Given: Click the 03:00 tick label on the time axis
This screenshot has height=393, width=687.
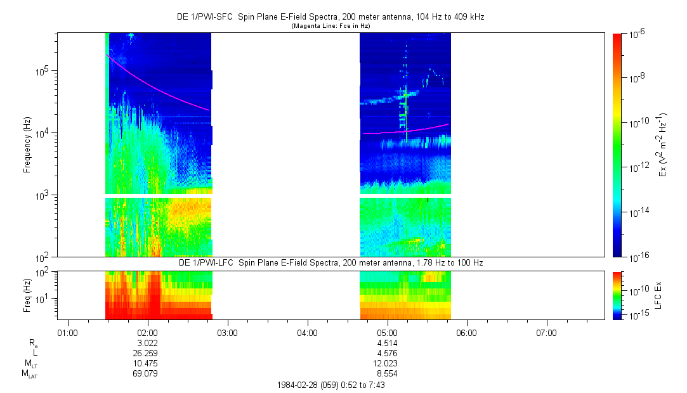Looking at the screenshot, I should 227,332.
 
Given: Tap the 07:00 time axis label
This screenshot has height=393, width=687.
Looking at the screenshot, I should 546,332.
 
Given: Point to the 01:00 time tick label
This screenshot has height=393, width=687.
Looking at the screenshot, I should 67,332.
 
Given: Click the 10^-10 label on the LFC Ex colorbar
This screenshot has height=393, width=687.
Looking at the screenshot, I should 638,289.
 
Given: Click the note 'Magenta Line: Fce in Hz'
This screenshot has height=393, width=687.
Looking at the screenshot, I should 330,26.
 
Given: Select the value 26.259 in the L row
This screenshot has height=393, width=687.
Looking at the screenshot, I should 147,353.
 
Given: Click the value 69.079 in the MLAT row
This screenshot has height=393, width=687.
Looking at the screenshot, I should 147,374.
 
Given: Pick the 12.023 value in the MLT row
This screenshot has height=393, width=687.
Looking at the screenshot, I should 387,363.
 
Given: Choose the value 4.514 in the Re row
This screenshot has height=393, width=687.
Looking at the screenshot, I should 387,343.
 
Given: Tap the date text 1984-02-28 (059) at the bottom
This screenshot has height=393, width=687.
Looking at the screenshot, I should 303,385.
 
